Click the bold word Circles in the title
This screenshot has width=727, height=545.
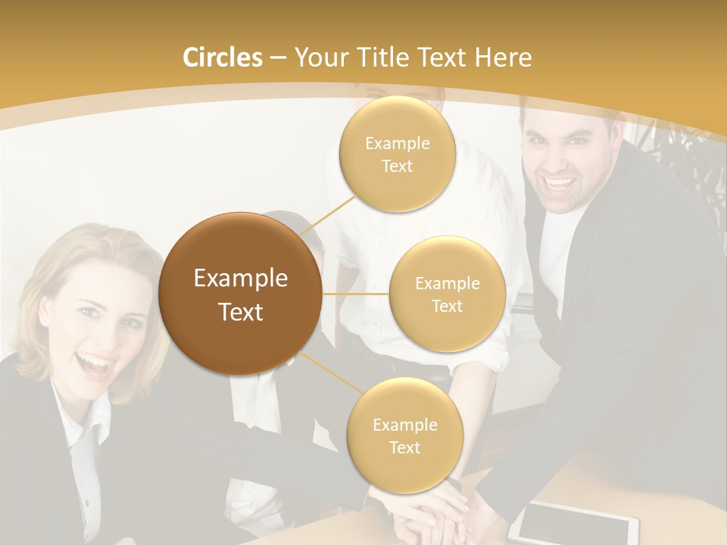[222, 58]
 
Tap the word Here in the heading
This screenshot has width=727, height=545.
[504, 58]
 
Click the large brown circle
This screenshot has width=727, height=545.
[240, 294]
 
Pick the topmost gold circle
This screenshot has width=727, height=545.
[397, 154]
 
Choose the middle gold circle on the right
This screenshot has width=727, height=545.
[447, 294]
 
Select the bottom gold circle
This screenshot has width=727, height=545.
[404, 435]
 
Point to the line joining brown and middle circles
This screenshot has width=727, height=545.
[356, 294]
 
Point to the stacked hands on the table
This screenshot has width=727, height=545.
[432, 507]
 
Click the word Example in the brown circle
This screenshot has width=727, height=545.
[240, 279]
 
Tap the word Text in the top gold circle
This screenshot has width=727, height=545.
[397, 167]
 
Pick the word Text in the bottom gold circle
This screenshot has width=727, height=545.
[404, 448]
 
